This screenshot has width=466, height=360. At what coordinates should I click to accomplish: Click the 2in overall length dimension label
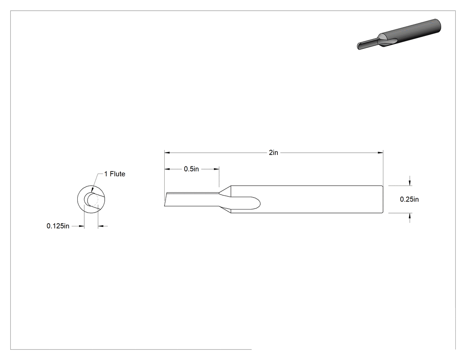273,153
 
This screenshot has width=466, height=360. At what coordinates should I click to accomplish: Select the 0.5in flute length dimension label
191,169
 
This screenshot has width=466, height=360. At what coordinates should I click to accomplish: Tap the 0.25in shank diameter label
409,199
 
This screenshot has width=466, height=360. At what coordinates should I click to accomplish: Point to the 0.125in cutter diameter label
58,226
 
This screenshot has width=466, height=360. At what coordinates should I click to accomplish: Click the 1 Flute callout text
115,174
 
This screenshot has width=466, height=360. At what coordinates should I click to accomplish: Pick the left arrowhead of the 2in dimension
167,153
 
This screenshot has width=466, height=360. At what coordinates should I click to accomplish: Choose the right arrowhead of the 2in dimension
380,153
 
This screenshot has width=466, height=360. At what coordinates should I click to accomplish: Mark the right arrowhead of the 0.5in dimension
217,169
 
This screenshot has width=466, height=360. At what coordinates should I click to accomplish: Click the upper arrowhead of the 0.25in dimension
410,183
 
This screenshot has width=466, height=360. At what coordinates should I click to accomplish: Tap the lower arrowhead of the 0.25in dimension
410,216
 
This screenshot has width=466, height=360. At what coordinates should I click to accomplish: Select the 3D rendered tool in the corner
399,34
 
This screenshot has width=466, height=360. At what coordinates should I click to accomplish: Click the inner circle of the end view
84,199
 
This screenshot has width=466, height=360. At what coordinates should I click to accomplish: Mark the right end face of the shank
383,199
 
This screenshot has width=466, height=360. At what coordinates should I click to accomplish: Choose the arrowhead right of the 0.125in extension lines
101,226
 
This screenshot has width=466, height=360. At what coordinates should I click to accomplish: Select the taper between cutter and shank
225,199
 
